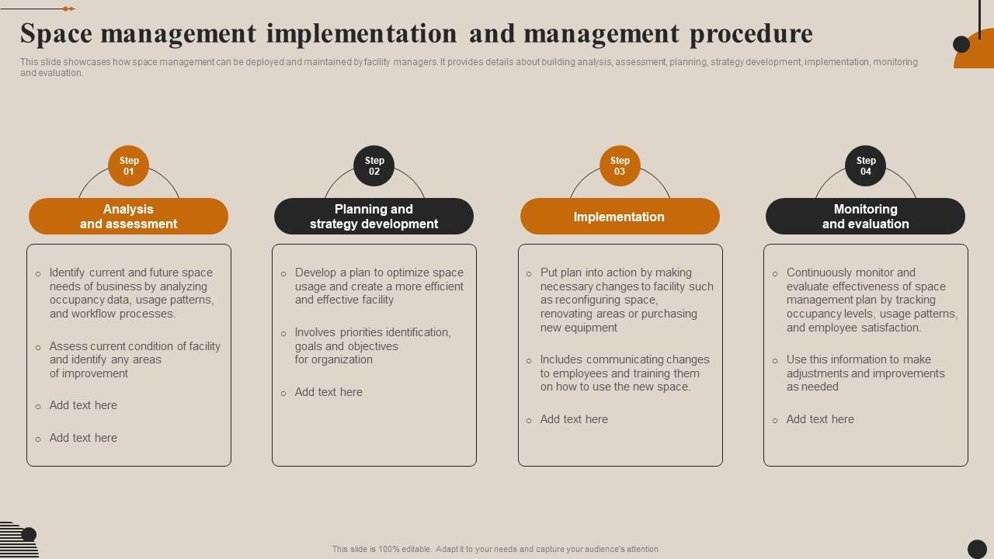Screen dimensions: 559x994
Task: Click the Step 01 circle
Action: click(129, 166)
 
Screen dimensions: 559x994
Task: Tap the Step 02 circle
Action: click(374, 166)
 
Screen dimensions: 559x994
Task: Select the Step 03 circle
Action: click(620, 166)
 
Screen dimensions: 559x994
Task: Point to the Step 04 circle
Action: click(865, 166)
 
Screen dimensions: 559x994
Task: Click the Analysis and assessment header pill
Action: click(129, 217)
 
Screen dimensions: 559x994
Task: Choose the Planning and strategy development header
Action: click(374, 217)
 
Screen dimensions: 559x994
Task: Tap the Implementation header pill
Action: click(620, 217)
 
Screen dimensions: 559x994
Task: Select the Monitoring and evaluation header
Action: click(865, 217)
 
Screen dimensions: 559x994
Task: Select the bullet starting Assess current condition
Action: click(134, 359)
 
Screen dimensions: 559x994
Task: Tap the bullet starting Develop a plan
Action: click(379, 286)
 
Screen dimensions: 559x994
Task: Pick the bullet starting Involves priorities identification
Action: click(373, 346)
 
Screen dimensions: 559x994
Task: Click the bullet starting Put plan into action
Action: click(626, 300)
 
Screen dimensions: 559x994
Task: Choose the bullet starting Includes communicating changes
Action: click(624, 373)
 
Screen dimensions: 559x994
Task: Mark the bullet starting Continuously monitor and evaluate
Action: click(871, 300)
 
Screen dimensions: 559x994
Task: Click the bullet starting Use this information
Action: click(865, 373)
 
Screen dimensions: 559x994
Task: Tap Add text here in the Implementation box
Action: click(574, 419)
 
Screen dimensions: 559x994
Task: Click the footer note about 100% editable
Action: click(496, 549)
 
